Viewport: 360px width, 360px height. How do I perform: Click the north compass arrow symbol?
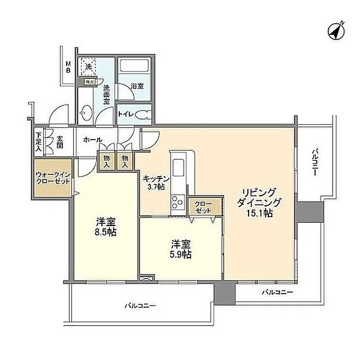[x=336, y=31]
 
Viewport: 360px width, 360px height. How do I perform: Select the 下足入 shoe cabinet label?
[x=38, y=141]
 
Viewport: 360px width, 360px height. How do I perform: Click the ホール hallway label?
[x=92, y=139]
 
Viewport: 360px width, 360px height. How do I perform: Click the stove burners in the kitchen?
[x=178, y=201]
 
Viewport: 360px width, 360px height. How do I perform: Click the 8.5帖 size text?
[x=105, y=232]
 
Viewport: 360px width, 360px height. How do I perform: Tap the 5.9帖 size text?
[x=181, y=255]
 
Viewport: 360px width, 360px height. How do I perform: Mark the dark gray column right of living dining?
[x=308, y=213]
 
